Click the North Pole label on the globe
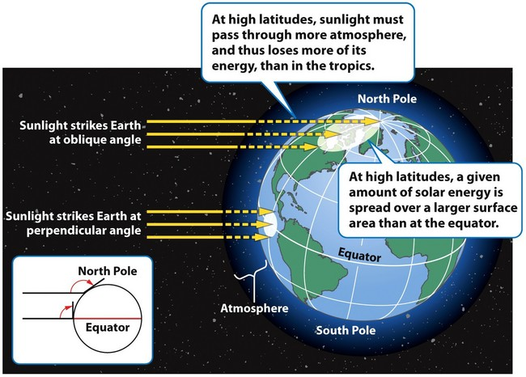(x=387, y=99)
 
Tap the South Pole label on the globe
(x=346, y=330)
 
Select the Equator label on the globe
(x=359, y=255)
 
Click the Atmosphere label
(x=254, y=308)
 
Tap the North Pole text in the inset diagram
(x=108, y=271)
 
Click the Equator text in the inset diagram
(x=108, y=328)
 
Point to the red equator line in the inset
(x=108, y=318)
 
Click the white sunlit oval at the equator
(x=270, y=224)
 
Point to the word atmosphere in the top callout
(x=367, y=36)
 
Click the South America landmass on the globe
(x=303, y=255)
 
